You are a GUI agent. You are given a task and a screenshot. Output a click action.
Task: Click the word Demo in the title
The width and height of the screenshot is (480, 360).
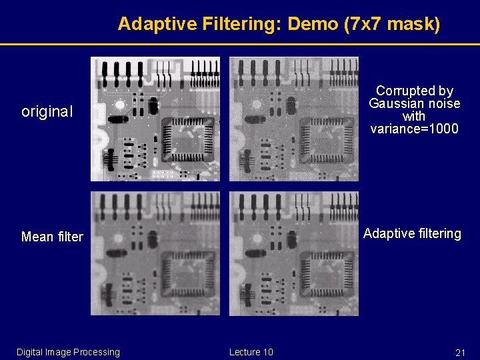315,25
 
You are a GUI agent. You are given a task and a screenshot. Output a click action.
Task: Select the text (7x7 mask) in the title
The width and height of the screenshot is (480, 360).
391,25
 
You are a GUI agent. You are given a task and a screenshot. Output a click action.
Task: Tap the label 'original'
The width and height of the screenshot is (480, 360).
47,112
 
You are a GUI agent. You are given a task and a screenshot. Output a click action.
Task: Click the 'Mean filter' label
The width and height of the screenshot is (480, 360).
52,237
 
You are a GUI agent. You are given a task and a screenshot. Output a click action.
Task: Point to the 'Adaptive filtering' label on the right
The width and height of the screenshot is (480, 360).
411,233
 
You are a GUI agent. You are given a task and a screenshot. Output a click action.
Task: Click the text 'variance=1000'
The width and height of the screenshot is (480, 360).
414,129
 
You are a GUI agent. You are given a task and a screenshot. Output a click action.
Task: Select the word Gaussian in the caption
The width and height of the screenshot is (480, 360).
397,103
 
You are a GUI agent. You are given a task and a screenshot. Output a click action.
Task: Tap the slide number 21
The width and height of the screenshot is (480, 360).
459,352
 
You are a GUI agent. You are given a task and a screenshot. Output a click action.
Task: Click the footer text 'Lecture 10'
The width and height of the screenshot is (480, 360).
251,352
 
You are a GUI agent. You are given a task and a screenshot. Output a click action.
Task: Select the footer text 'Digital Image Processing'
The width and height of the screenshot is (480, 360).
68,352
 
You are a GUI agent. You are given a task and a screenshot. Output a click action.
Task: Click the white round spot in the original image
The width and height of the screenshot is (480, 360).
120,105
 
